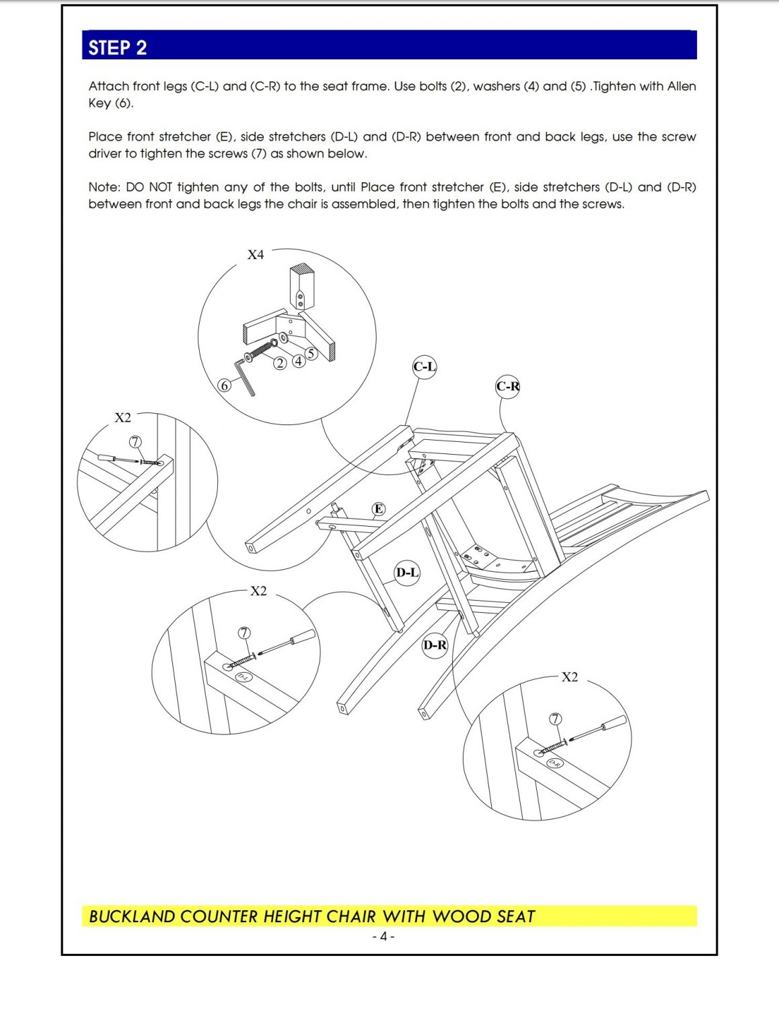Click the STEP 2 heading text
tap(117, 48)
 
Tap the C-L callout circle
tap(424, 367)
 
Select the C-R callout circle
tap(508, 386)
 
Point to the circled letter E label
tap(379, 509)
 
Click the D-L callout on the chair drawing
tap(407, 572)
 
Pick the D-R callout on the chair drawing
tap(435, 645)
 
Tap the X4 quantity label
tap(256, 254)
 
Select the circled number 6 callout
tap(225, 386)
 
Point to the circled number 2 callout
tap(280, 363)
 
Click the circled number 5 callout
tap(310, 353)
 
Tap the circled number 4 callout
tap(298, 361)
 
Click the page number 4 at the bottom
tap(383, 936)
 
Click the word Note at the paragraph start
tap(104, 187)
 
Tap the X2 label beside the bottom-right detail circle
tap(569, 677)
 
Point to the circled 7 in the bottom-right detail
tap(556, 719)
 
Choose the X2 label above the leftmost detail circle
tap(123, 418)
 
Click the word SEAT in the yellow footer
tap(516, 917)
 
